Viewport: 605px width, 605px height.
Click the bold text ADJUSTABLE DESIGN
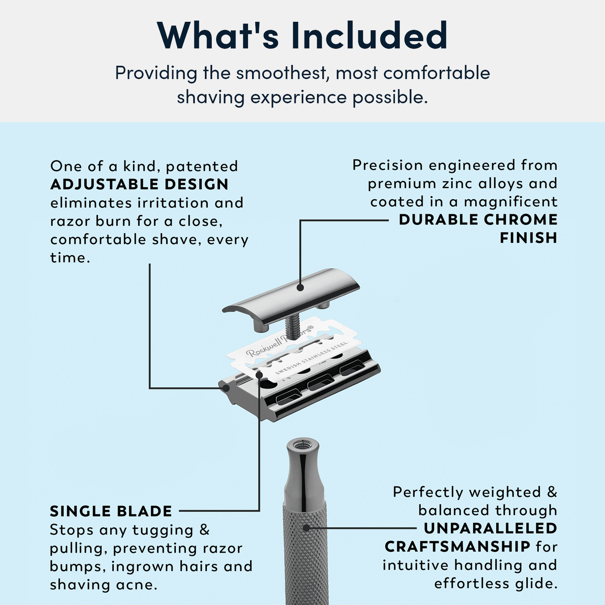pyautogui.click(x=139, y=184)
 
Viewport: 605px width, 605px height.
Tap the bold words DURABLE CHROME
pyautogui.click(x=478, y=219)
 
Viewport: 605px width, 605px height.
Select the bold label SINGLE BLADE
pyautogui.click(x=111, y=511)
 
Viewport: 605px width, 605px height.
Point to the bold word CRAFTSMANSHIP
pyautogui.click(x=457, y=546)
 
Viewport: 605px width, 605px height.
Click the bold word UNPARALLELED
pyautogui.click(x=490, y=528)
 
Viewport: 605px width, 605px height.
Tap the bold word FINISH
pyautogui.click(x=528, y=238)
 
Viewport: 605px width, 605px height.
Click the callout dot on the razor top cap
pyautogui.click(x=300, y=287)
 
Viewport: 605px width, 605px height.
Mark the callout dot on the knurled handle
pyautogui.click(x=306, y=528)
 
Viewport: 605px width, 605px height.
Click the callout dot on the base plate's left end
pyautogui.click(x=226, y=388)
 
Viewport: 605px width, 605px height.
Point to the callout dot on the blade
pyautogui.click(x=260, y=375)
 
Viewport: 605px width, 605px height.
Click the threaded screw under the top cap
pyautogui.click(x=292, y=325)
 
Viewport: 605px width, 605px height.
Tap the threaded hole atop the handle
pyautogui.click(x=302, y=444)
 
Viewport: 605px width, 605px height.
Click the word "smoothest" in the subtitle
pyautogui.click(x=280, y=73)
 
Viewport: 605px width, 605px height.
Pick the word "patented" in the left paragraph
pyautogui.click(x=202, y=166)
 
